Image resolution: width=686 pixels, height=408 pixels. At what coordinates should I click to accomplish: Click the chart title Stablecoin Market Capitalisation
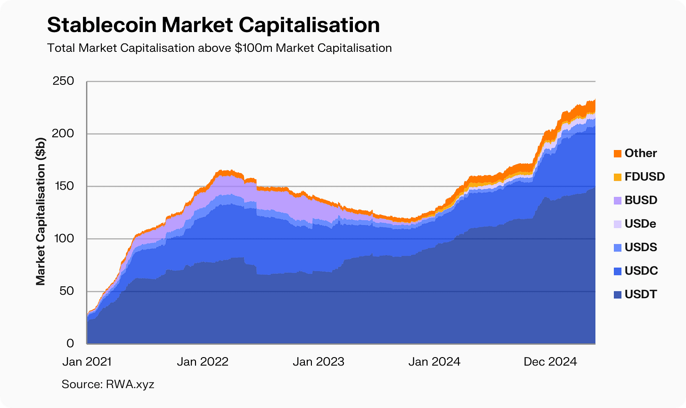coord(213,25)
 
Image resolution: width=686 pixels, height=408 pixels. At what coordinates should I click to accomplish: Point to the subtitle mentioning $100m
coord(219,48)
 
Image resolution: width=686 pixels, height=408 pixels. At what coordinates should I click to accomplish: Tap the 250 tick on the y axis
coord(63,81)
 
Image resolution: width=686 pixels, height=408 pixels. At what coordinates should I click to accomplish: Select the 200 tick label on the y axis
coord(63,133)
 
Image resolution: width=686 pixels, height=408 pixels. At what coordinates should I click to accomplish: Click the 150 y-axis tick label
coord(64,186)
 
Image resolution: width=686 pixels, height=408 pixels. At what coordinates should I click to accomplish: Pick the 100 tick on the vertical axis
coord(64,239)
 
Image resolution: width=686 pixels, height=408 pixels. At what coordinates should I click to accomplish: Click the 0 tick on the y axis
coord(70,344)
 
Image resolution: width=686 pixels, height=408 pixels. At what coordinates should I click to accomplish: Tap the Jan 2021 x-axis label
coord(87,362)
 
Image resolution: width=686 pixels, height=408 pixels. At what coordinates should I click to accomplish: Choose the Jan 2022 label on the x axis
coord(203,362)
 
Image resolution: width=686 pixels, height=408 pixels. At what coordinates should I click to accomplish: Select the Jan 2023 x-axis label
coord(318,362)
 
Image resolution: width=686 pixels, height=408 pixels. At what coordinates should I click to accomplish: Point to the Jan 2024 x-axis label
coord(434,362)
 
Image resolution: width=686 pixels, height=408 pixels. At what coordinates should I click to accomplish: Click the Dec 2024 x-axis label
coord(550,362)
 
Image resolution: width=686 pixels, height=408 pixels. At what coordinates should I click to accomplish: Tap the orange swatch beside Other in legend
coord(617,153)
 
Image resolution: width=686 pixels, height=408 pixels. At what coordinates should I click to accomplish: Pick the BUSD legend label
coord(641,200)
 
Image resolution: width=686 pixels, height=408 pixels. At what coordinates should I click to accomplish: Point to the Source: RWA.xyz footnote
coord(108,384)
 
